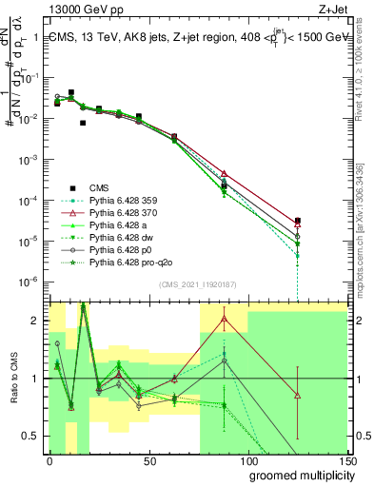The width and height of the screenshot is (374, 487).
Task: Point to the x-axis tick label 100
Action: tap(248, 462)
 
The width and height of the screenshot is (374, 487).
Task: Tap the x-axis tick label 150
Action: tap(347, 462)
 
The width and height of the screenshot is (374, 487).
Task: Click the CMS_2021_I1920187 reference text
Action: tap(199, 283)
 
